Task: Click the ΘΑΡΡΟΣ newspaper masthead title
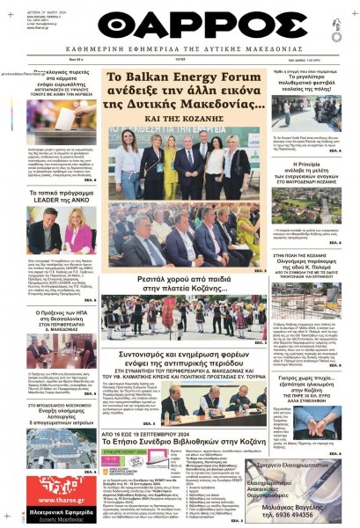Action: point(180,26)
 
